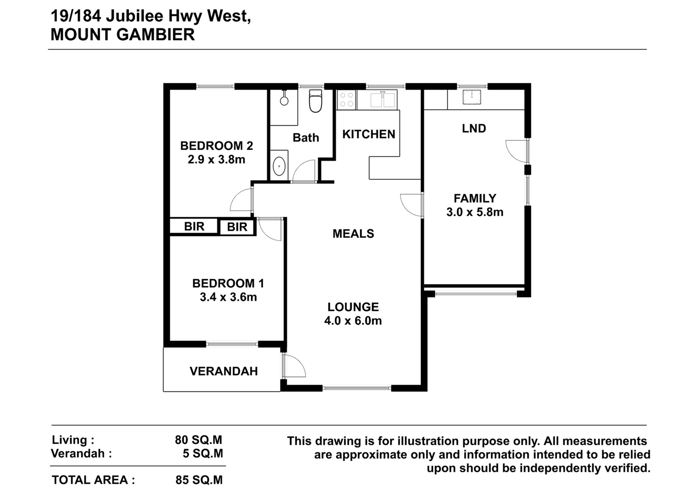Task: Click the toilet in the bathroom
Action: tap(315, 101)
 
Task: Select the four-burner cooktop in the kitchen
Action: tap(346, 100)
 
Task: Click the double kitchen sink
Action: tap(383, 99)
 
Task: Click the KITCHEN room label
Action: tap(369, 134)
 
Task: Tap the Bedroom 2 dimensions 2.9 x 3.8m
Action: tap(216, 160)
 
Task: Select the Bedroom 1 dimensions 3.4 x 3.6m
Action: tap(229, 297)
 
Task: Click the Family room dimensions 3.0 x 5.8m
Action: tap(475, 212)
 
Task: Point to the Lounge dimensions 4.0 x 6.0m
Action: tap(353, 321)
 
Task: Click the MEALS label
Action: tap(353, 234)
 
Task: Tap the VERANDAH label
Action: tap(224, 371)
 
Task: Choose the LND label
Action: tap(474, 128)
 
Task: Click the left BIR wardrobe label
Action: tap(194, 226)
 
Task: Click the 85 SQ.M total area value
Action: tap(199, 480)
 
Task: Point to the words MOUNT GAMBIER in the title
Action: tap(123, 34)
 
